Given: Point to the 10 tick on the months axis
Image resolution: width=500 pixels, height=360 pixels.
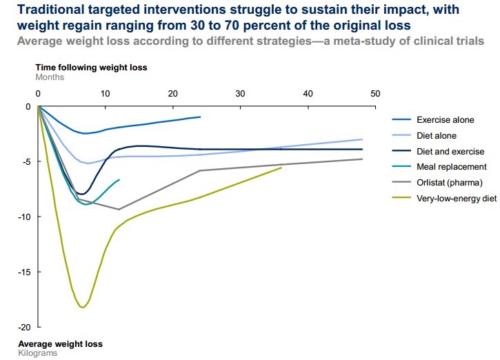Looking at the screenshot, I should (106, 93).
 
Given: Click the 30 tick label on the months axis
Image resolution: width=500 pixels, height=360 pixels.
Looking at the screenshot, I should (241, 93).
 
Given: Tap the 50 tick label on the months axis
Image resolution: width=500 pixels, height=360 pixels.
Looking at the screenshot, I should (375, 93).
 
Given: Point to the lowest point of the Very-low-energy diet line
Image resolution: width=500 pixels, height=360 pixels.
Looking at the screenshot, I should (83, 307).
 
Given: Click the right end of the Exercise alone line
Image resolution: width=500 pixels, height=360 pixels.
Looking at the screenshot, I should (200, 117).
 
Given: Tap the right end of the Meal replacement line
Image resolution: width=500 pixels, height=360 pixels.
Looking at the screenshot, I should (119, 180).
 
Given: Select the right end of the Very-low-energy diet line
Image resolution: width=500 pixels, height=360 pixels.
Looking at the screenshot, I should (281, 168).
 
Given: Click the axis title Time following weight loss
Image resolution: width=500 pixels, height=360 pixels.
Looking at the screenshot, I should (91, 68).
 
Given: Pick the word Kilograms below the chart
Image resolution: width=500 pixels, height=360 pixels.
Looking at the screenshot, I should (37, 352).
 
